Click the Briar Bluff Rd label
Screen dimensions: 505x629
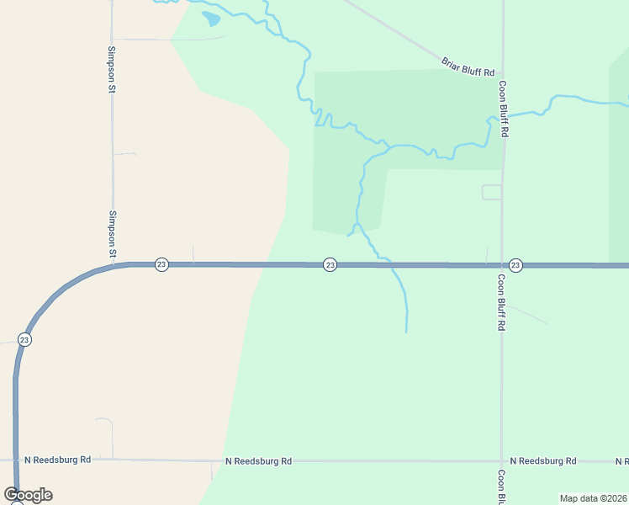(468, 67)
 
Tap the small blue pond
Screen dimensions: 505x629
(211, 18)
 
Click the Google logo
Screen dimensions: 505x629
(28, 495)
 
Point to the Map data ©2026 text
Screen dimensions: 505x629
(593, 498)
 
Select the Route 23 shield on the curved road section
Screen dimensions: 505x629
(24, 340)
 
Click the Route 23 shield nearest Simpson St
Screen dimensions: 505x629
(161, 264)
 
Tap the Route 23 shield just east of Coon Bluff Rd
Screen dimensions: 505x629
(515, 264)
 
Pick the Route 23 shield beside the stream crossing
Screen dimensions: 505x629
(330, 264)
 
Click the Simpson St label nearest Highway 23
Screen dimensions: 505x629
(112, 233)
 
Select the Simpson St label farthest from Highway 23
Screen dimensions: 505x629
(111, 68)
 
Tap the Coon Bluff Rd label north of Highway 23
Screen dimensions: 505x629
(503, 109)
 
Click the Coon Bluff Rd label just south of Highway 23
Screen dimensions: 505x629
(501, 301)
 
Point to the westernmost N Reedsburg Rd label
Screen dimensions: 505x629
(57, 460)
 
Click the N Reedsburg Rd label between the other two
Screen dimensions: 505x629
(259, 461)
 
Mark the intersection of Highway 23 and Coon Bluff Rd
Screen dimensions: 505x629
(502, 265)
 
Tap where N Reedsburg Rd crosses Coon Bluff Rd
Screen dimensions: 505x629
(502, 461)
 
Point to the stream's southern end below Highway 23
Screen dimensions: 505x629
(406, 331)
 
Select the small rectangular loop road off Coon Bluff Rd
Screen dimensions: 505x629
(491, 192)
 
